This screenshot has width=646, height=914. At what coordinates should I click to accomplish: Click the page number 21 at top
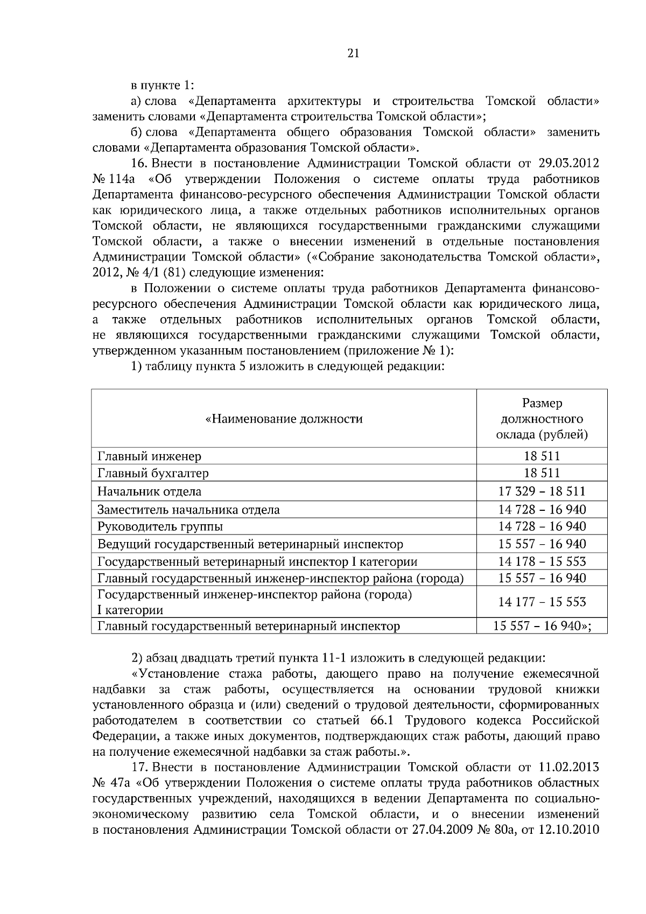[x=353, y=53]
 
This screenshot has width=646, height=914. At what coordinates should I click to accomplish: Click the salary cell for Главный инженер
[x=542, y=456]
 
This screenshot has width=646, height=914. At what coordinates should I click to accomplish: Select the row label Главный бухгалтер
[x=153, y=474]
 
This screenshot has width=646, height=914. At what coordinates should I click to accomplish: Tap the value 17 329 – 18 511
[x=542, y=491]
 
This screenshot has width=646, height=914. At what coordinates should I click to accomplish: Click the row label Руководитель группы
[x=160, y=526]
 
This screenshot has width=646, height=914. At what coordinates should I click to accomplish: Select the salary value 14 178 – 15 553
[x=542, y=562]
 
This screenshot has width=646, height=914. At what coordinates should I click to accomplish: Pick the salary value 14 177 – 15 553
[x=542, y=602]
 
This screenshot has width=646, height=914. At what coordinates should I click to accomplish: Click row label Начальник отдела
[x=149, y=491]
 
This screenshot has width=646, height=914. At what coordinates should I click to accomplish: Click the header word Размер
[x=542, y=403]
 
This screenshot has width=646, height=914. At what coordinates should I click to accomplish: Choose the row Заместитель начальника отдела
[x=188, y=510]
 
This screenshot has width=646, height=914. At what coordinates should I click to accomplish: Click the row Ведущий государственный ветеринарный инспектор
[x=250, y=544]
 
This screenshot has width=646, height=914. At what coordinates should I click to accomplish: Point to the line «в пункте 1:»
[x=163, y=86]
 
